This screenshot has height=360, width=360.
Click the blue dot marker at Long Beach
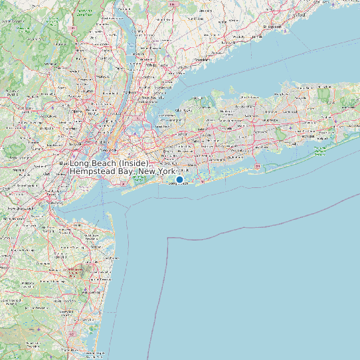(x=179, y=179)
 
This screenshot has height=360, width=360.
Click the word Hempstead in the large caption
(x=92, y=171)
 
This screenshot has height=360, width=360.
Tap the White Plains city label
(x=157, y=65)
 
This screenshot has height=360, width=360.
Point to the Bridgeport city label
(x=273, y=26)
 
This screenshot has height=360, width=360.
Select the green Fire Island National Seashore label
(x=323, y=150)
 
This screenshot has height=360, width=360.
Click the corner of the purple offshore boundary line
(x=169, y=236)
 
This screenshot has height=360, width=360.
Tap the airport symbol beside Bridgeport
(x=285, y=30)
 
